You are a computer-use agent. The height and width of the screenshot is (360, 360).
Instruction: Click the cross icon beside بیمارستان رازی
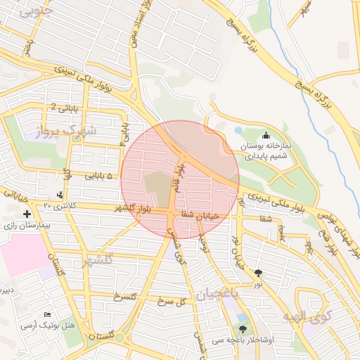[27, 214]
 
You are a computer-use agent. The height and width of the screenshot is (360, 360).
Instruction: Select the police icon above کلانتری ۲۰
[60, 194]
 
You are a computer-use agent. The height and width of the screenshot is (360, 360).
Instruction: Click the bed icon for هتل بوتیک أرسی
[47, 314]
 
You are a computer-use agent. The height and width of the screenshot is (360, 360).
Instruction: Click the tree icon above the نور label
[259, 273]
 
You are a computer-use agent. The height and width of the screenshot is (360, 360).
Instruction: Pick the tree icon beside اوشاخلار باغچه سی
[243, 328]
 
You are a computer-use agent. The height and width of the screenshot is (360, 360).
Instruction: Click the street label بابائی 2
[63, 106]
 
